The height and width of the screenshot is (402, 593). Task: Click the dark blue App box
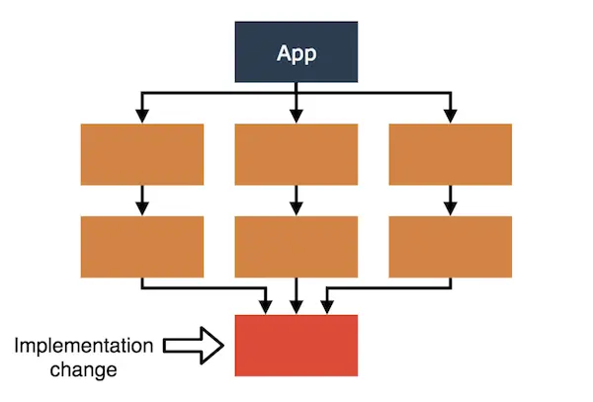(x=296, y=52)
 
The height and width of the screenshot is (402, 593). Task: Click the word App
(x=296, y=53)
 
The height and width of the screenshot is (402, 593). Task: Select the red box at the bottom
(x=296, y=345)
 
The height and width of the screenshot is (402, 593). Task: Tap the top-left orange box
(x=141, y=154)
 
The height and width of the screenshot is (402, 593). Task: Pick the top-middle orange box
(x=296, y=154)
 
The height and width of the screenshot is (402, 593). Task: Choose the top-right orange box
(x=451, y=154)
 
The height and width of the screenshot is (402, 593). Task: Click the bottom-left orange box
(x=141, y=246)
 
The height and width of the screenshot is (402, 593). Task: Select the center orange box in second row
(x=296, y=246)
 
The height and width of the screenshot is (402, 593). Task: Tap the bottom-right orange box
(x=451, y=246)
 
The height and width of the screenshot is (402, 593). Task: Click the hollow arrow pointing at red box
(x=193, y=345)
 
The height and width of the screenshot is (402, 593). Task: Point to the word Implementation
(x=84, y=346)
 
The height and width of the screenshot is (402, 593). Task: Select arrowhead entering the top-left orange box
(x=141, y=117)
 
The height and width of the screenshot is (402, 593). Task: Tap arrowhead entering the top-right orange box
(x=451, y=117)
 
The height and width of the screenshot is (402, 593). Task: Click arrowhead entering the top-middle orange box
(x=296, y=117)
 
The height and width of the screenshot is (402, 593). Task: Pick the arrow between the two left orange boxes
(x=141, y=201)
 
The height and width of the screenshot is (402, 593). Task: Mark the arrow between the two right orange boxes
(x=451, y=201)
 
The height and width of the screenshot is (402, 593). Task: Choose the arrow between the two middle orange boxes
(x=296, y=201)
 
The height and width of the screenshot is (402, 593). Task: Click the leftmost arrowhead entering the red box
(x=265, y=307)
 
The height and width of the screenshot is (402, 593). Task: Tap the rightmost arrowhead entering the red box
(x=326, y=307)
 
